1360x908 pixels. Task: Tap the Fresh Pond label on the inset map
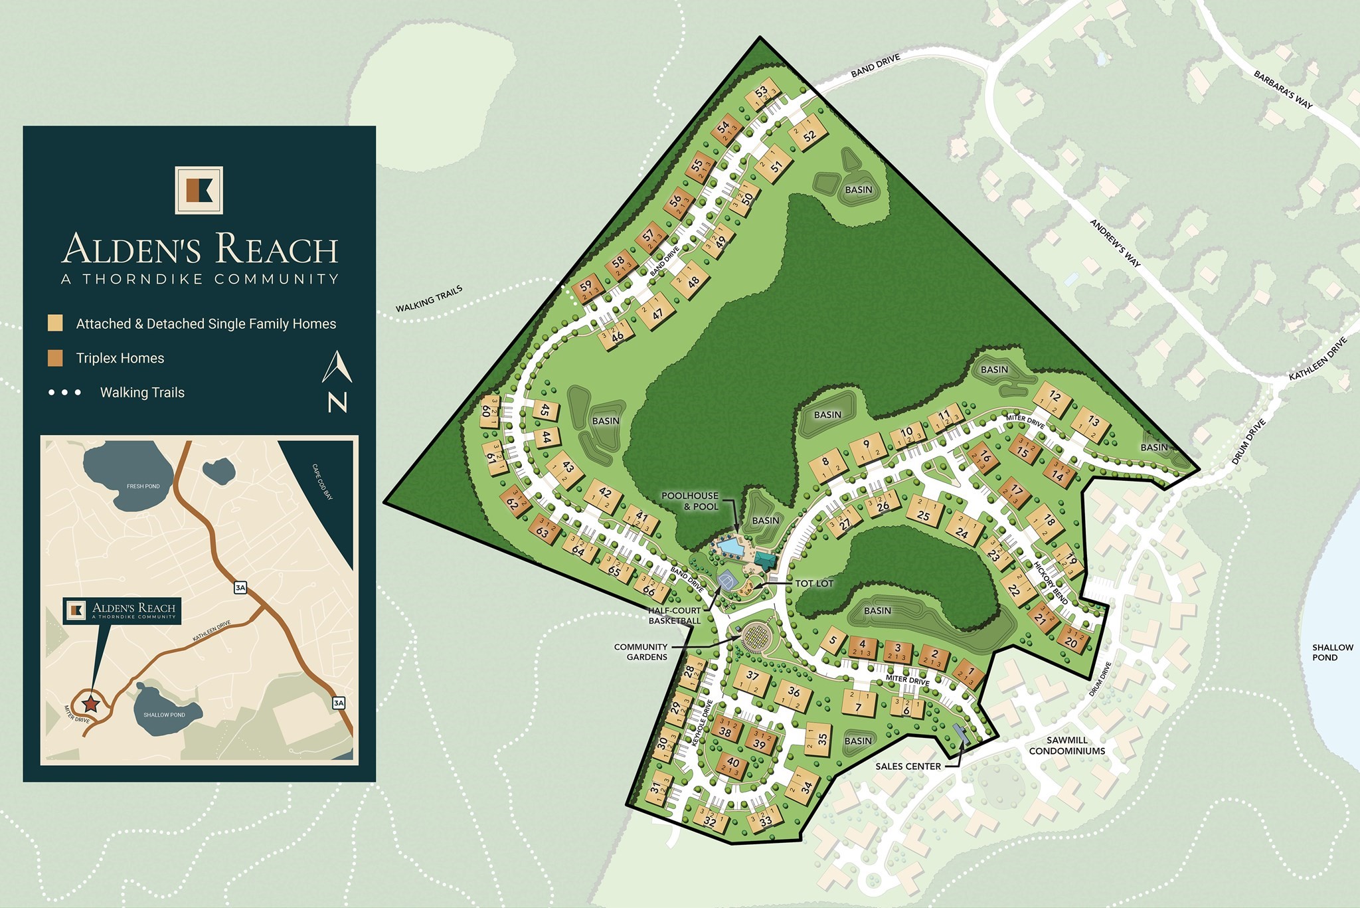(143, 486)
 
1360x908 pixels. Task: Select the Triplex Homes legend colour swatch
(55, 358)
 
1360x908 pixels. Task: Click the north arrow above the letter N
(337, 367)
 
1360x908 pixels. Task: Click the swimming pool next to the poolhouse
(730, 547)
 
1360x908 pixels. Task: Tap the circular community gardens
(755, 639)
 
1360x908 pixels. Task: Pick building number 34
(804, 786)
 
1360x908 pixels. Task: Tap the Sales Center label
(908, 766)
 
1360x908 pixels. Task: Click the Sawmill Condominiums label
(1066, 745)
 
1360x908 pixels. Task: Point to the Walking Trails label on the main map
(429, 299)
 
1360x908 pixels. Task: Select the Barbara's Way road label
(1282, 90)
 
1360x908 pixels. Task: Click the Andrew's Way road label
(1115, 243)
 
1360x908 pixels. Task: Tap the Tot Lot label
(813, 583)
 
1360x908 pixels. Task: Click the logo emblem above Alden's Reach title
(199, 190)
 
